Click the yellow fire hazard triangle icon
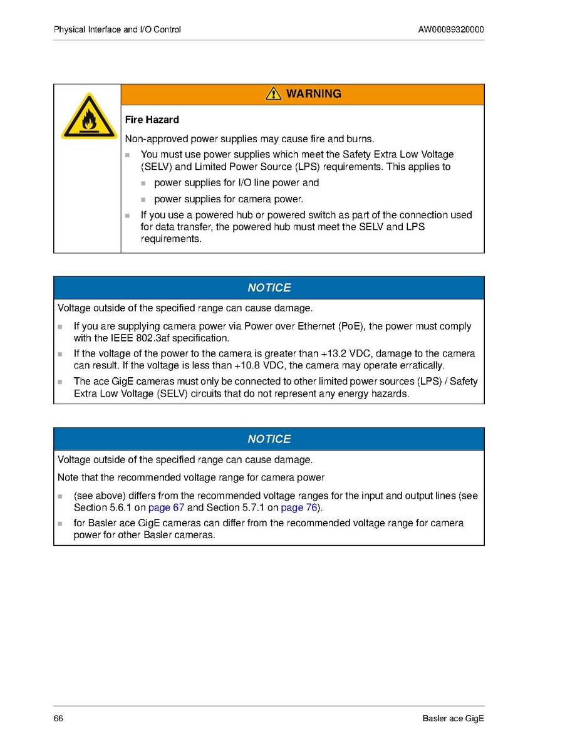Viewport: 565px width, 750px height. (88, 118)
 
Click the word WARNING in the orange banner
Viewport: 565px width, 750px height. (313, 94)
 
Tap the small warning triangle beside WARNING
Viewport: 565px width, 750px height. (273, 94)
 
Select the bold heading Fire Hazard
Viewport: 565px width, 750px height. (152, 120)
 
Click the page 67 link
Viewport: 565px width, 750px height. (166, 508)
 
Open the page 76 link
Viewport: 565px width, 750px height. (299, 508)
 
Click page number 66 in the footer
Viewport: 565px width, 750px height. (58, 719)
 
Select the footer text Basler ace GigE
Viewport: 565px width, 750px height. (453, 719)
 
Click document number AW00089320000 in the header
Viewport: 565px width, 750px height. (450, 29)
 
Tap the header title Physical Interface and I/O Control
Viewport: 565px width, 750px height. (117, 29)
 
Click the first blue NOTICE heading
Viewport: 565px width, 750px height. (269, 288)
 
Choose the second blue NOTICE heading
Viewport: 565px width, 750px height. (269, 439)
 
